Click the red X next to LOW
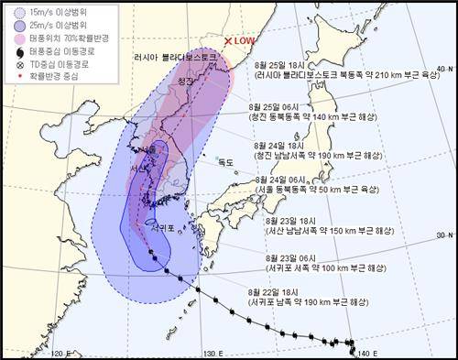(x=228, y=41)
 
